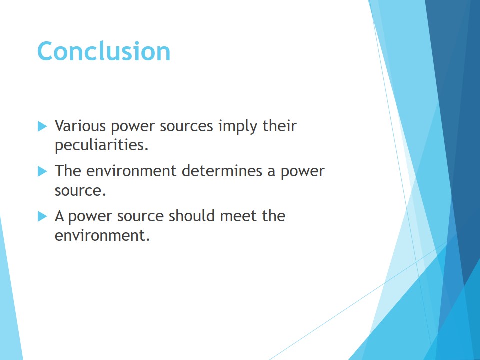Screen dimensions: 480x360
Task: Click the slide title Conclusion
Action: click(x=104, y=51)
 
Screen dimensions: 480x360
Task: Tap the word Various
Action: click(x=80, y=126)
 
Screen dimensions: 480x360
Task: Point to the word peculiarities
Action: click(x=101, y=145)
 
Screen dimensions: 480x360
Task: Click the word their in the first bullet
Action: click(x=280, y=126)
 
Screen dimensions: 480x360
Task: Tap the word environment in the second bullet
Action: click(x=131, y=171)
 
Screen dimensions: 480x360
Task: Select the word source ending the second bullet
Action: click(x=80, y=191)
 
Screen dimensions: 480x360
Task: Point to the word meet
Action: click(x=238, y=216)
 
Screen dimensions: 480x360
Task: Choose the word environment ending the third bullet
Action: click(x=102, y=235)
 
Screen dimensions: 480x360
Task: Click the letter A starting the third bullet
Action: click(x=59, y=216)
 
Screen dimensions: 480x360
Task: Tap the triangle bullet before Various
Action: click(x=42, y=126)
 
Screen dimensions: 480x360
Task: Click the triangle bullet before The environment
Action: click(x=42, y=171)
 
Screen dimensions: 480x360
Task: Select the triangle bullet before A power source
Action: click(x=42, y=216)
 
